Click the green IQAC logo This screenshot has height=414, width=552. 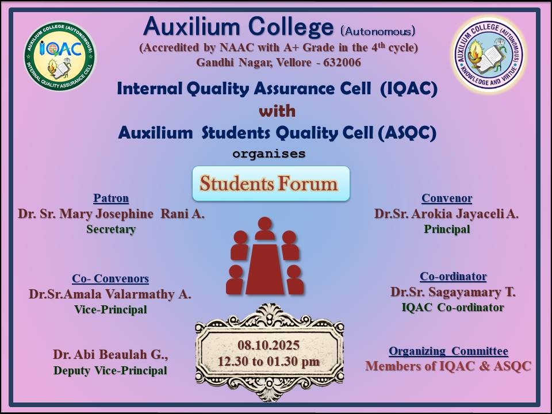coord(60,56)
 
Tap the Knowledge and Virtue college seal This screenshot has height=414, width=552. coord(489,55)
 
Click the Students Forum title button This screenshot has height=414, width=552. coord(271,183)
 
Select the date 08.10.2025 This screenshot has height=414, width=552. coord(269,345)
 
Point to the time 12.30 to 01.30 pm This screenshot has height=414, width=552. coord(269,362)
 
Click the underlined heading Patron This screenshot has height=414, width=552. coord(111,198)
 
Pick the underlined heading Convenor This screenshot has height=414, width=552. coord(447,198)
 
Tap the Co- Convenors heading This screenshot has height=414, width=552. coord(110,278)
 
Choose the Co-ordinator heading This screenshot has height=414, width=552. coord(453,277)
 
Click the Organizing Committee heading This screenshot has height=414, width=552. coord(448,351)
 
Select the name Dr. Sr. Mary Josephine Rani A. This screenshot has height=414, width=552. coord(111,214)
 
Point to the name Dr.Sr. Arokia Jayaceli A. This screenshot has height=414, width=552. coord(446,214)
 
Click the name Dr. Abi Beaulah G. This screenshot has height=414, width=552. coord(110,355)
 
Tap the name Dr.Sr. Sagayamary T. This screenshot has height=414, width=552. coord(453,292)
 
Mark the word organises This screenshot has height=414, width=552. coord(269,154)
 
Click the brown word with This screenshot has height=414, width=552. coord(277,111)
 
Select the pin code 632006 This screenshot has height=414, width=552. coord(342,63)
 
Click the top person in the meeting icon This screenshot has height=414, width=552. coord(264,228)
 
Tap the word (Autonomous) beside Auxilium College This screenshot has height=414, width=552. coord(378,31)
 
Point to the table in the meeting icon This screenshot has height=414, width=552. coord(264,269)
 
